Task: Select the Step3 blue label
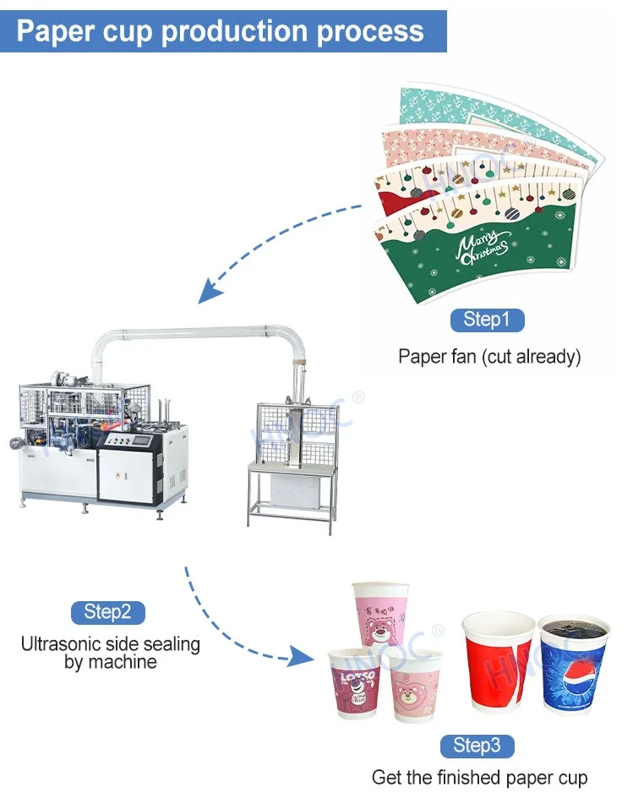pos(477,745)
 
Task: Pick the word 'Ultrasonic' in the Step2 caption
pos(63,644)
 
